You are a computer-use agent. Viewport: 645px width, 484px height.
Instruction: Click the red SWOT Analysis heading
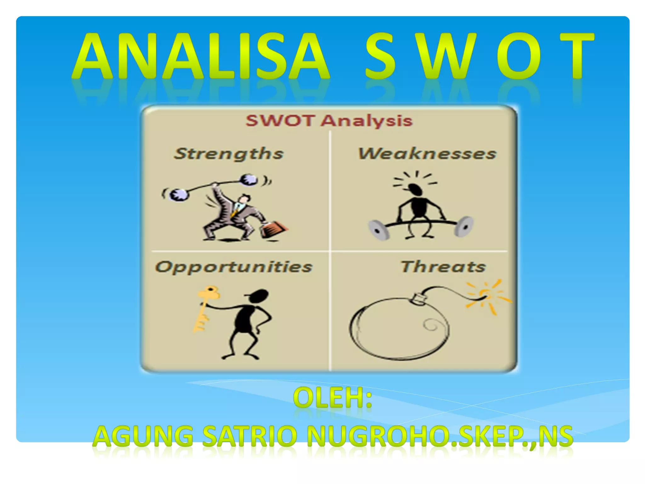click(329, 121)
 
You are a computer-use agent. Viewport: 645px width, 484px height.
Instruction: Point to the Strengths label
click(229, 154)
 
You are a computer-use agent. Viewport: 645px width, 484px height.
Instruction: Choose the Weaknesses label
click(427, 154)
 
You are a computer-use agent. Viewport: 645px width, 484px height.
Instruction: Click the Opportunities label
click(234, 267)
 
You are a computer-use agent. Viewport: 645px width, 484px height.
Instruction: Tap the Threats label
click(443, 267)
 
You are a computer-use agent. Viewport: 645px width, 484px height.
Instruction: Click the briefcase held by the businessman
click(273, 229)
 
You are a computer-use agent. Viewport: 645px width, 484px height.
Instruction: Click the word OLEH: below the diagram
click(332, 398)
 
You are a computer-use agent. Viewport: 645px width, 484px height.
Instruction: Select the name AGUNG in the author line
click(143, 436)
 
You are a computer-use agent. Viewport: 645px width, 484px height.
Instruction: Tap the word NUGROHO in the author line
click(378, 436)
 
